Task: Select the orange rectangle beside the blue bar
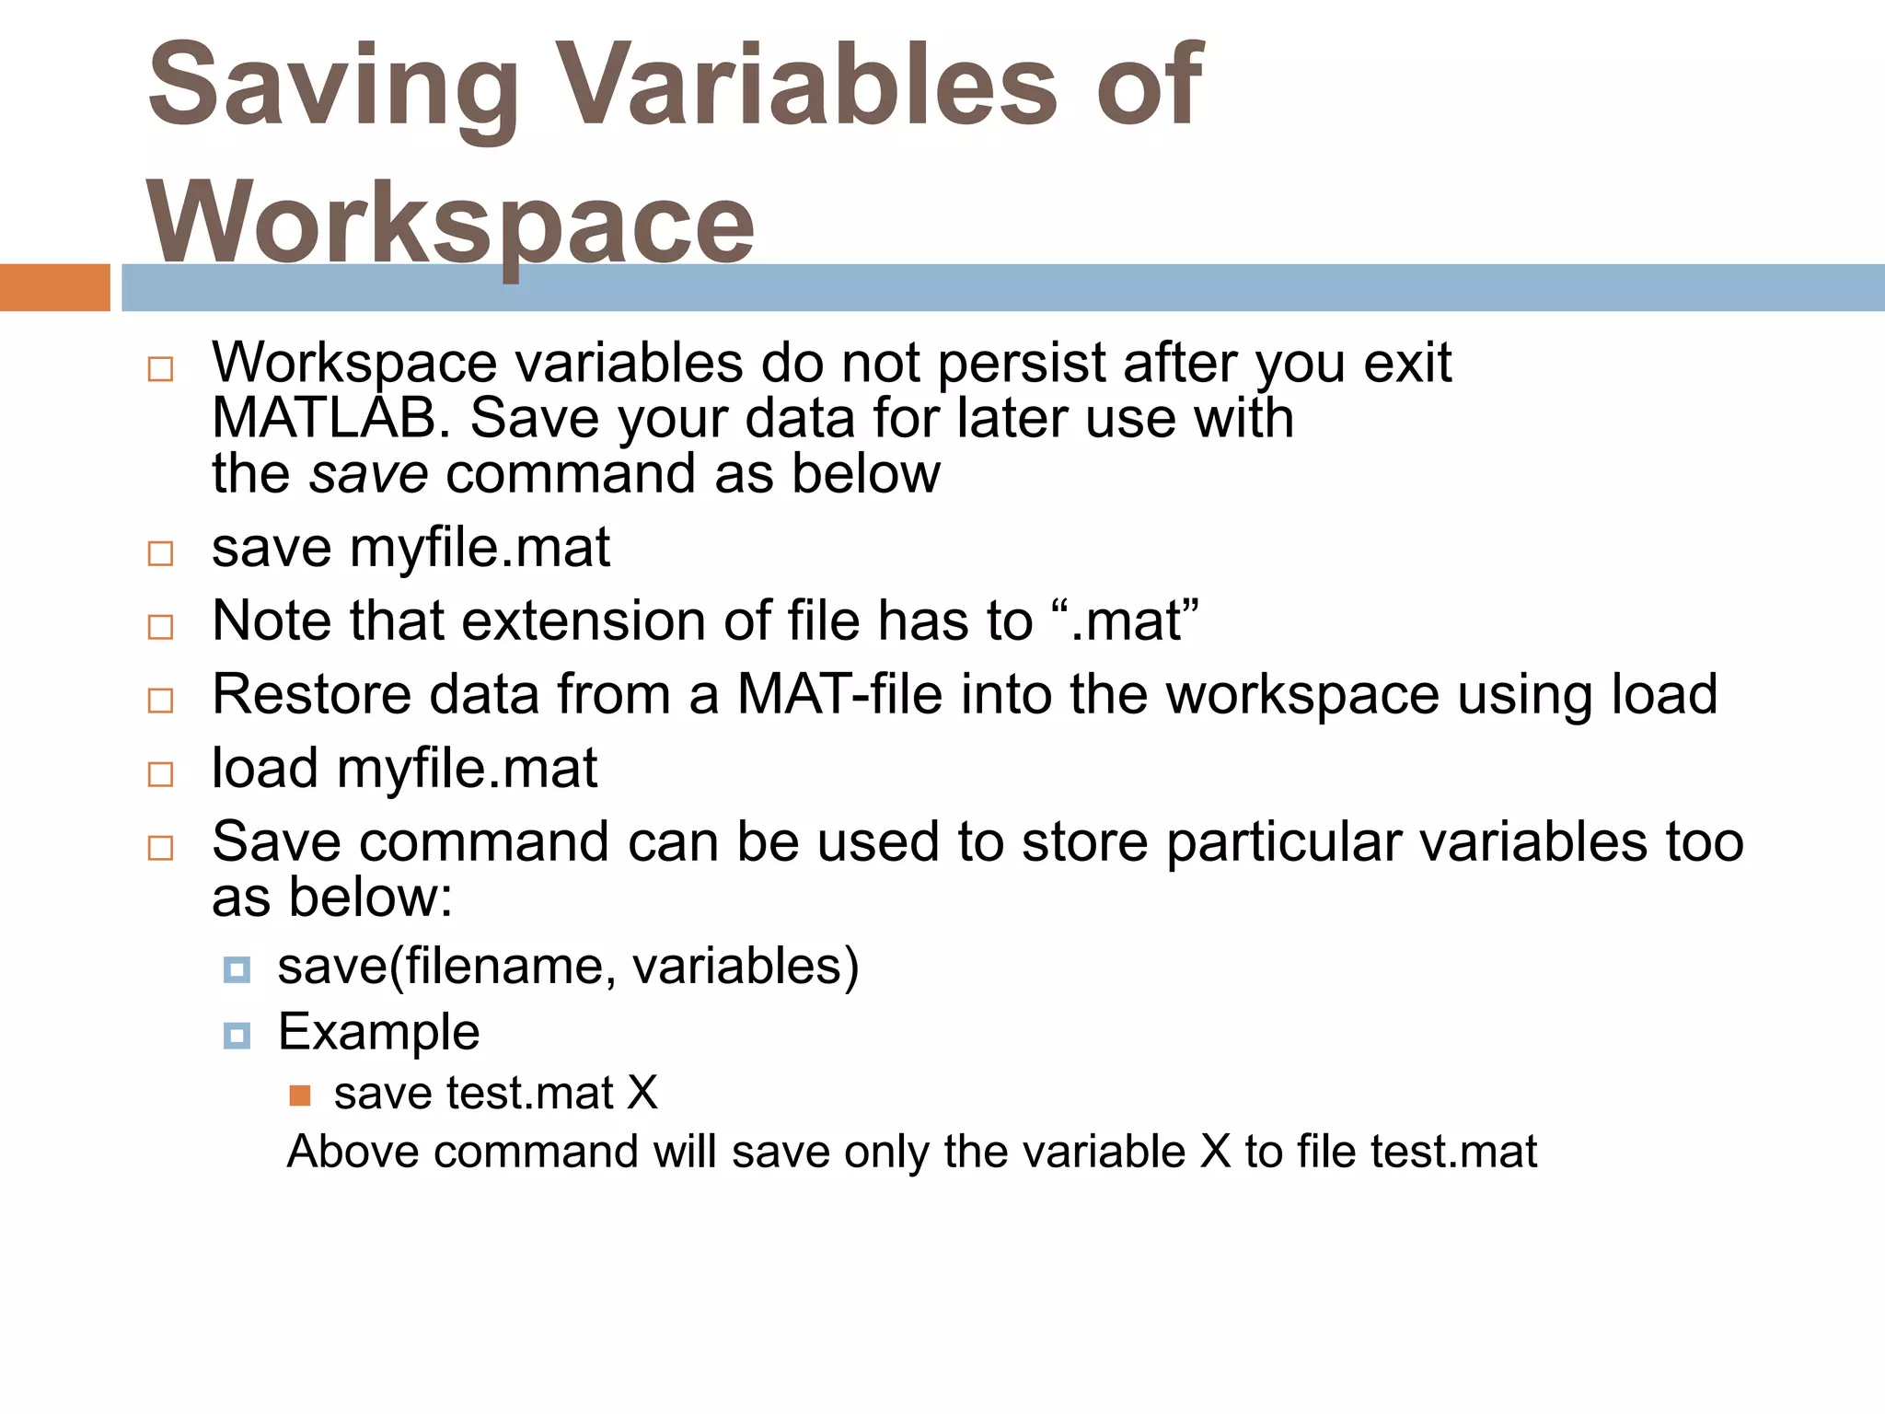click(x=54, y=287)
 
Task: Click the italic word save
click(x=368, y=474)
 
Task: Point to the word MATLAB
click(x=331, y=419)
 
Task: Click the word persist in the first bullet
click(x=1022, y=364)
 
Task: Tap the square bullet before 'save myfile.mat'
click(x=160, y=553)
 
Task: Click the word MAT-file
click(x=839, y=694)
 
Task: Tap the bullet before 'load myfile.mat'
click(x=160, y=773)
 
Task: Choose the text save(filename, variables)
click(x=568, y=967)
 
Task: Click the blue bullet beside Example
click(x=237, y=1037)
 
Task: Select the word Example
click(x=378, y=1032)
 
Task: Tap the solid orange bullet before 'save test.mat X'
click(x=299, y=1095)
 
